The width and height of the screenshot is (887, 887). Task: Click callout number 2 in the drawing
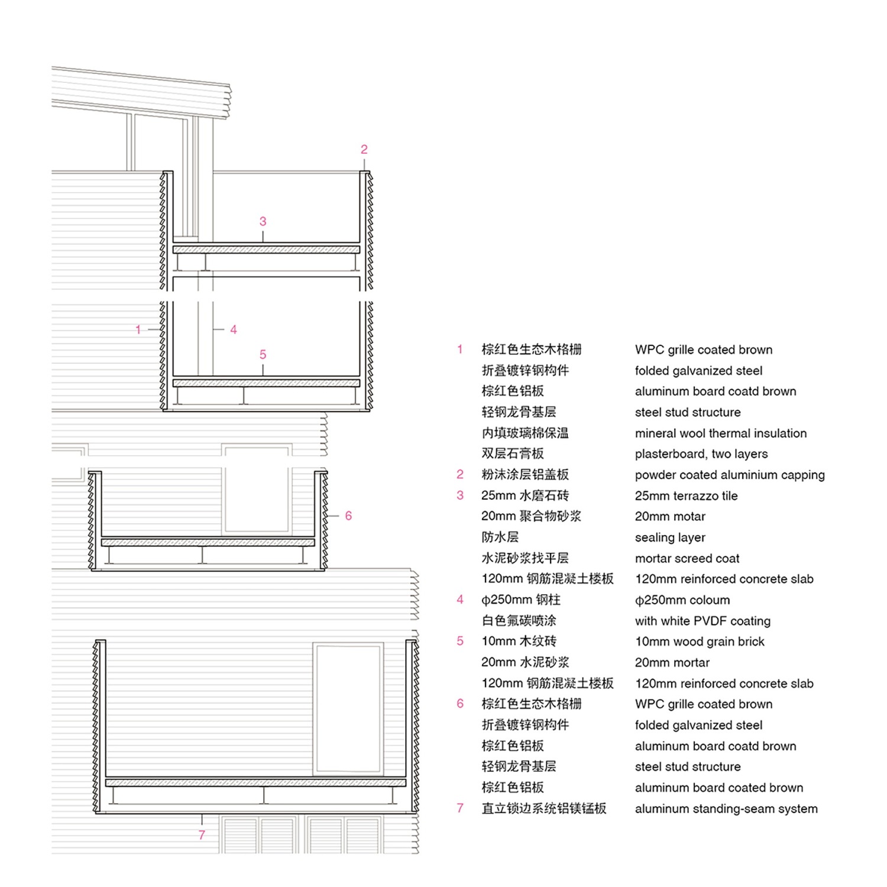[x=364, y=150]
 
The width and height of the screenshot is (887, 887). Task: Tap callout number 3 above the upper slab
[x=263, y=222]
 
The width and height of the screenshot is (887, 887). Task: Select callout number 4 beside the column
[x=234, y=329]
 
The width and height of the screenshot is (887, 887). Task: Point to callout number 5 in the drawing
[x=263, y=355]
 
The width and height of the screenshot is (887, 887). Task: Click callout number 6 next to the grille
[x=348, y=516]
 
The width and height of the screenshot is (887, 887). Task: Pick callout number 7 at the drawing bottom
[x=202, y=835]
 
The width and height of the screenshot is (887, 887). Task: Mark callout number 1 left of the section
[x=138, y=329]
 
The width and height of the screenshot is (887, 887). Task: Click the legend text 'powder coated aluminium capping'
[x=730, y=475]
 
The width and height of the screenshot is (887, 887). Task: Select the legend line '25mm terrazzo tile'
[x=687, y=496]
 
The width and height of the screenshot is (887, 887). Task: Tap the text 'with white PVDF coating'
[x=703, y=621]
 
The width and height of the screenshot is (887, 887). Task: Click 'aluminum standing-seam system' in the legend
[x=726, y=809]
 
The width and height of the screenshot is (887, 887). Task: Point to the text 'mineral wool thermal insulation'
[x=721, y=433]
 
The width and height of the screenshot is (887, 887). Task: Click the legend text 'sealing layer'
[x=670, y=538]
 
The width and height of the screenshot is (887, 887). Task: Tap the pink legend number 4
[x=460, y=600]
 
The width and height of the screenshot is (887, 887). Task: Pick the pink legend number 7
[x=460, y=808]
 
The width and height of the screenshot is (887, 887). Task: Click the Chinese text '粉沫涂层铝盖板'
[x=525, y=474]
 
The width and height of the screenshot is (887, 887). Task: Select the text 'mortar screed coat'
[x=687, y=558]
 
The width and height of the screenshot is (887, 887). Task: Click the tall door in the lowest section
[x=348, y=708]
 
